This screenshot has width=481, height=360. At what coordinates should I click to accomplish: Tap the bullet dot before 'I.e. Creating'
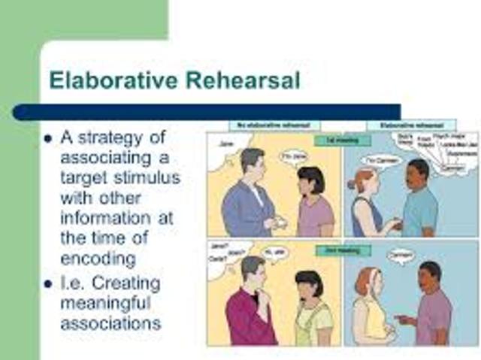pyautogui.click(x=47, y=283)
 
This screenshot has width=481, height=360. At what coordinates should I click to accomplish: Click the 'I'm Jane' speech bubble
pyautogui.click(x=295, y=156)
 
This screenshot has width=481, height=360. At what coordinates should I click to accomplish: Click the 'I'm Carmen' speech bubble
pyautogui.click(x=380, y=160)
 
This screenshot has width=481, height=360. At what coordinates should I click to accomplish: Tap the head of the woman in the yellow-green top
pyautogui.click(x=308, y=284)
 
